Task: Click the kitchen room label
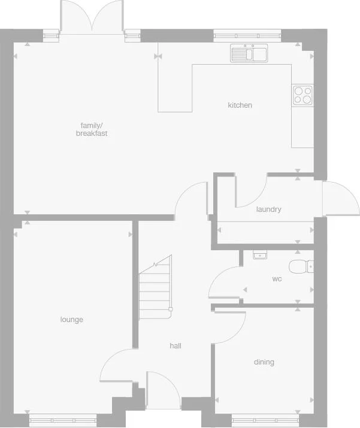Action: (x=240, y=105)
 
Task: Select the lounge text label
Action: (x=72, y=320)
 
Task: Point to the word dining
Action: (x=264, y=362)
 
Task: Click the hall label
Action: (x=176, y=346)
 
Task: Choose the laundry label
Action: (x=268, y=210)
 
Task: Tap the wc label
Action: (x=277, y=279)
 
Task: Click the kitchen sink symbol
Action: (x=249, y=54)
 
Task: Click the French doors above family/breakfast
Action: (x=92, y=17)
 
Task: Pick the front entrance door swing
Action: (x=162, y=389)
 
